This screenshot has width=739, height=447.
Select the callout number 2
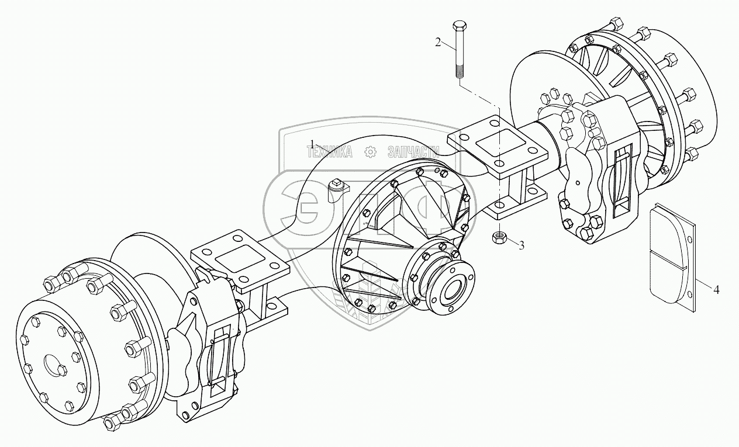click(x=437, y=41)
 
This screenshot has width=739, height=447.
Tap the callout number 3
click(x=521, y=245)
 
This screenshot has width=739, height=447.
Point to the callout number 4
click(x=716, y=287)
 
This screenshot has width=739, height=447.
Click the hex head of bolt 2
click(x=458, y=27)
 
